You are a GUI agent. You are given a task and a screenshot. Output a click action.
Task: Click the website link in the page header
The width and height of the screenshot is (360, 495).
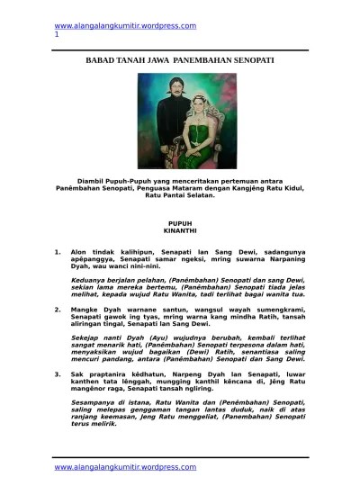coord(125,25)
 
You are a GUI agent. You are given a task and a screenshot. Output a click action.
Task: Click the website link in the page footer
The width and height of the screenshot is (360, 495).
coord(125,467)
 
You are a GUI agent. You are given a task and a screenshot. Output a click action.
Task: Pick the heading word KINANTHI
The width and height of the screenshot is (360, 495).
coord(180,229)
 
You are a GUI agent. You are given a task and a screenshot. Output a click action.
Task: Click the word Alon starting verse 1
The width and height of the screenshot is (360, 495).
coord(80,254)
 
